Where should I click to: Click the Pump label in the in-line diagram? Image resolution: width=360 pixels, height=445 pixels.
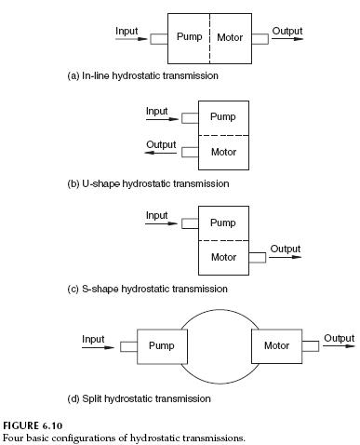(x=190, y=38)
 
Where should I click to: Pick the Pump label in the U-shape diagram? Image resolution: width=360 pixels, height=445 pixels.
(x=223, y=117)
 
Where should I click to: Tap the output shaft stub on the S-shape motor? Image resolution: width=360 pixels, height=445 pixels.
(x=258, y=258)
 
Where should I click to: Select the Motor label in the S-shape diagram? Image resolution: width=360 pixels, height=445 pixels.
(x=223, y=257)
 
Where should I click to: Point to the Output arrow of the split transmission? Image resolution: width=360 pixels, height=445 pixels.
(x=338, y=346)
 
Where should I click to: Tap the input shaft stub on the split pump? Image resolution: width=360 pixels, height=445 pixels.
(x=128, y=346)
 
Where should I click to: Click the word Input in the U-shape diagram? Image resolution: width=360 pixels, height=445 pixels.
(x=157, y=111)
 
